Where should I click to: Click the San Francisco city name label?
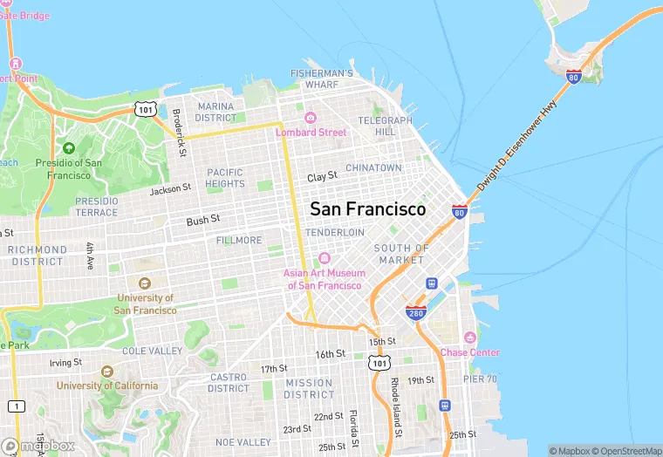click(x=367, y=209)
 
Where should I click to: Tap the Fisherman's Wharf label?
click(x=322, y=78)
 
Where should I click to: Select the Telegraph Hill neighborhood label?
click(x=385, y=126)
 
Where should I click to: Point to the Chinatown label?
click(x=373, y=167)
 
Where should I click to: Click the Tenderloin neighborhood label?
click(x=335, y=233)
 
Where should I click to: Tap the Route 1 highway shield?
click(x=16, y=406)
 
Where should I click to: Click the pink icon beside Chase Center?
click(x=470, y=338)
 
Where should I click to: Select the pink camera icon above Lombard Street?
click(x=310, y=118)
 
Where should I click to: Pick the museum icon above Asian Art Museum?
click(x=324, y=258)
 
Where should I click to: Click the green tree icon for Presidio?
click(x=68, y=148)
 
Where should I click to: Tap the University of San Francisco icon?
click(x=145, y=283)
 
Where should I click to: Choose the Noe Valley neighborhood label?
click(x=243, y=442)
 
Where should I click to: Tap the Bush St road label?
click(x=202, y=221)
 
